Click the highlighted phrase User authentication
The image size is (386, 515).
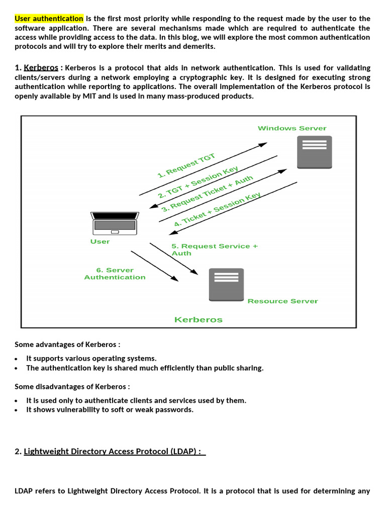pos(49,19)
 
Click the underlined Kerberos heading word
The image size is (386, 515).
pos(41,67)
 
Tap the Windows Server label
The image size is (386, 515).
pos(292,128)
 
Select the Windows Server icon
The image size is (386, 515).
pos(314,151)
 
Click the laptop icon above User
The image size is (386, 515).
pos(115,223)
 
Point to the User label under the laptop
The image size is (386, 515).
pos(100,242)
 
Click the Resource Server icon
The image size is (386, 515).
pos(226,285)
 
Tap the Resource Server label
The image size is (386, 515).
pos(282,301)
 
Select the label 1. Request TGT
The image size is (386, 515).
pos(186,166)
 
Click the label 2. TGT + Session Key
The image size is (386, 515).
pos(198,182)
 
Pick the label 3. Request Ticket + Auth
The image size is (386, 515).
pos(207,193)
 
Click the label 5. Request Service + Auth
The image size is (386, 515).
pos(214,249)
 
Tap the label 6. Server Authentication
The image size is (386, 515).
pos(115,274)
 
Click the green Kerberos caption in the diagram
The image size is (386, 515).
pos(198,320)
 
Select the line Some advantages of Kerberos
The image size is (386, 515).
pos(67,345)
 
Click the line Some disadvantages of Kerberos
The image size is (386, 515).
pos(72,387)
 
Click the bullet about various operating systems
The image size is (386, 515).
pos(91,359)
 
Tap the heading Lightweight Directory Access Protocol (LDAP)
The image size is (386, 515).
pos(113,452)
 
